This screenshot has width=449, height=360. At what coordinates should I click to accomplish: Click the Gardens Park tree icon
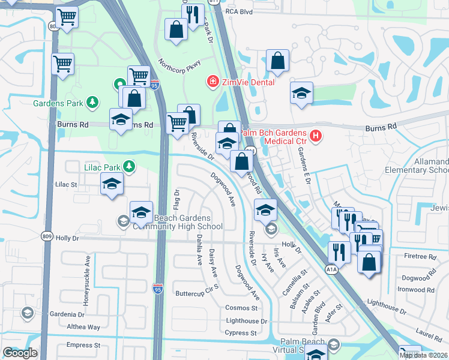pos(92,103)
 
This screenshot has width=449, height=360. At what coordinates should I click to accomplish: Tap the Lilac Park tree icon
pos(128,166)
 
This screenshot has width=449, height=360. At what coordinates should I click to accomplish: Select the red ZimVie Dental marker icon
pos(211,82)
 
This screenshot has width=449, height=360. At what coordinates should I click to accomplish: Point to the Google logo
pos(20,353)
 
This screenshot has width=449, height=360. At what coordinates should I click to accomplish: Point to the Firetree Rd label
pos(420,256)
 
